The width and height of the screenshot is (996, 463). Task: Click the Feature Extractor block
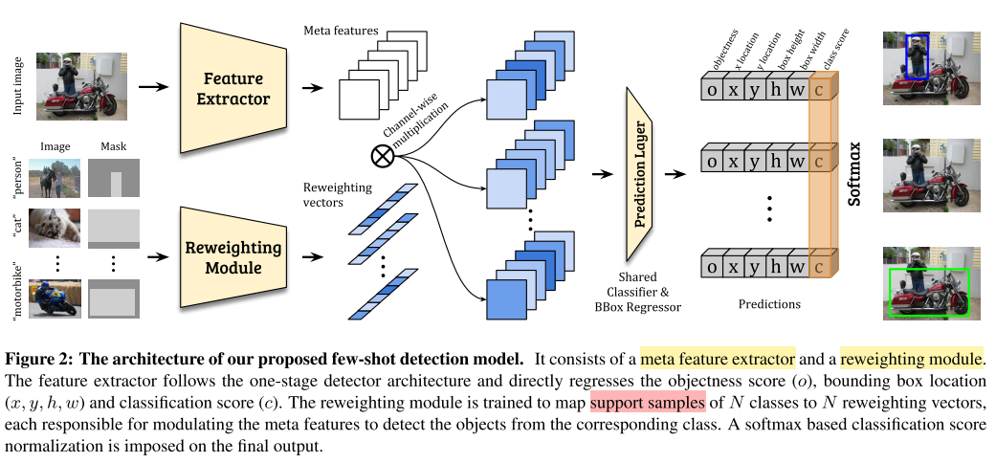236,88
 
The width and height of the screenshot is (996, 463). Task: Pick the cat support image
55,227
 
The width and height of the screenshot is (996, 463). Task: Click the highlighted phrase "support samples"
648,398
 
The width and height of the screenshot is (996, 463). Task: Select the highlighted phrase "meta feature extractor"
718,360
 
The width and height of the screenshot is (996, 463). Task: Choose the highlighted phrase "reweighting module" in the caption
911,360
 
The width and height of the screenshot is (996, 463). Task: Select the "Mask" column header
113,147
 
